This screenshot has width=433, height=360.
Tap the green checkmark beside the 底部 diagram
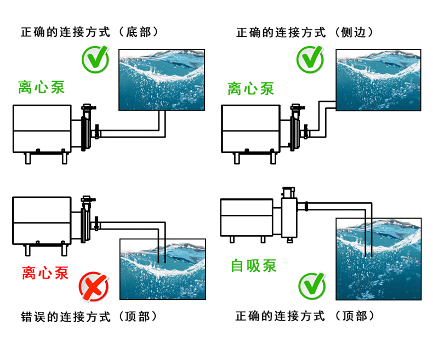click(95, 60)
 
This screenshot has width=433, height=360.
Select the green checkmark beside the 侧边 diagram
click(310, 60)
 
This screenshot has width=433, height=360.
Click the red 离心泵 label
click(45, 272)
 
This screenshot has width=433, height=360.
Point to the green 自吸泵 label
click(253, 266)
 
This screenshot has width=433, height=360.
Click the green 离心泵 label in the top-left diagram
click(42, 87)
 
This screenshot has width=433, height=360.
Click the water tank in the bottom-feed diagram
click(162, 80)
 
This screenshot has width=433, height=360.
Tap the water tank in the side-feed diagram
click(378, 80)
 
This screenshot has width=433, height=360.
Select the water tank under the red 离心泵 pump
click(163, 269)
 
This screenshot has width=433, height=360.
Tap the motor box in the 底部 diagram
click(42, 128)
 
